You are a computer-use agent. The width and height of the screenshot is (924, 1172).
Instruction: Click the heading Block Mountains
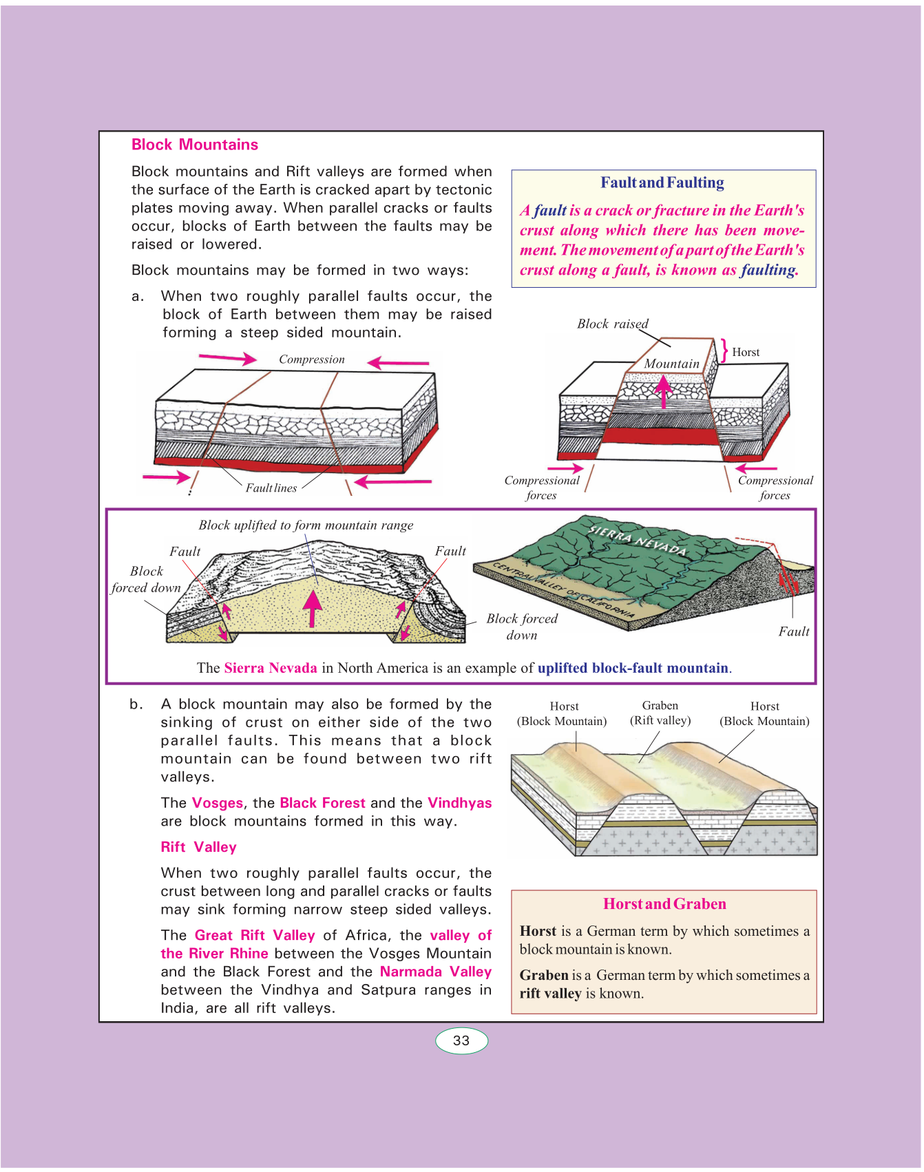point(195,145)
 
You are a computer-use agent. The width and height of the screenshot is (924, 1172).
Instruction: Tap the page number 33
point(461,1040)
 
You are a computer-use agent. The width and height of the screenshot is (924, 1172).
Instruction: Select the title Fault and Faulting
point(662,182)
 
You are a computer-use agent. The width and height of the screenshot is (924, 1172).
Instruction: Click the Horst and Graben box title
point(664,904)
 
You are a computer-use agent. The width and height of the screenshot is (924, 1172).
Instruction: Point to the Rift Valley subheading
point(198,847)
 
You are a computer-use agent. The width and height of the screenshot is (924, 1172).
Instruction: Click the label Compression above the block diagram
point(311,359)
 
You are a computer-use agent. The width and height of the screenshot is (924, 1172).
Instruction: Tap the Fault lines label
point(271,488)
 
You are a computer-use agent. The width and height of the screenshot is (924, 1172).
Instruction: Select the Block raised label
point(612,324)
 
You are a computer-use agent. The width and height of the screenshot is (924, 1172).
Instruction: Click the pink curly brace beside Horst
point(724,350)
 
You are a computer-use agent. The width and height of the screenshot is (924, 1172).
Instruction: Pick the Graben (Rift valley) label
point(660,713)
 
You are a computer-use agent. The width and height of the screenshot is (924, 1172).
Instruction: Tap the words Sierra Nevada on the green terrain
point(638,539)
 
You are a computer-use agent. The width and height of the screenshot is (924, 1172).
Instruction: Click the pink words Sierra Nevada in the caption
point(271,668)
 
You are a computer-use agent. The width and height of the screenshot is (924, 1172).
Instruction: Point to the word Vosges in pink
point(218,803)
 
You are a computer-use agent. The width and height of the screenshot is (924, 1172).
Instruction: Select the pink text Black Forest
point(322,803)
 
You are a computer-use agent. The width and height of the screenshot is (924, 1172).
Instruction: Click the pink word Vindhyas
point(459,803)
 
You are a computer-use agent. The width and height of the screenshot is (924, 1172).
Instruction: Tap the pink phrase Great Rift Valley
point(255,935)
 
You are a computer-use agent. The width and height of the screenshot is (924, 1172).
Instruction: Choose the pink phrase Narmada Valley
point(435,972)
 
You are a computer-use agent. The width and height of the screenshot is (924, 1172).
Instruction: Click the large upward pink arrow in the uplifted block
point(313,608)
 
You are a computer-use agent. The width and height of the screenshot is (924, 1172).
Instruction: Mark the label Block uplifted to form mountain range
point(306,525)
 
